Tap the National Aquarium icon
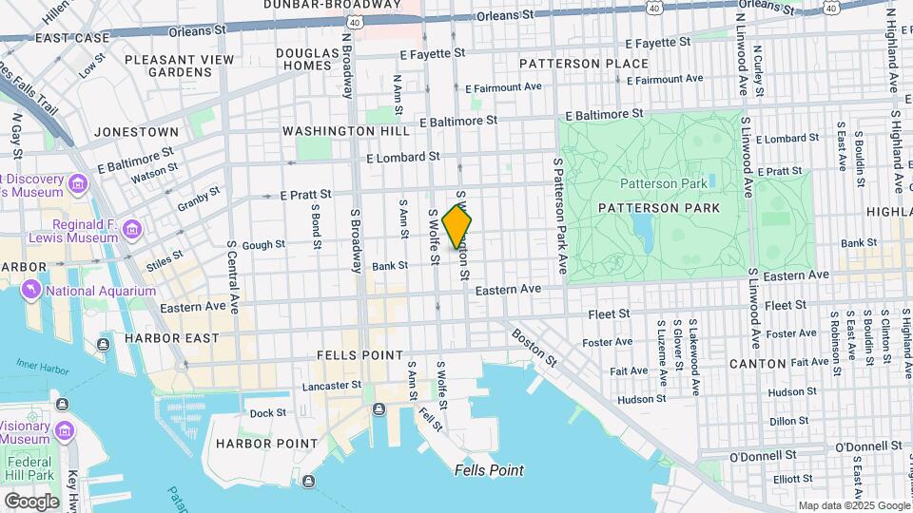[x=31, y=290]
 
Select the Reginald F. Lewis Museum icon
[x=131, y=229]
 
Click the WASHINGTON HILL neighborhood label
[x=338, y=130]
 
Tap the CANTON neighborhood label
[x=757, y=363]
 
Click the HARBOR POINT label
[x=266, y=443]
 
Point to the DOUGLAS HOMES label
[x=308, y=61]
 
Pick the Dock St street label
[x=267, y=412]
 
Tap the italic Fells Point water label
[x=489, y=470]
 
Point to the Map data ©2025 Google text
[x=853, y=505]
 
